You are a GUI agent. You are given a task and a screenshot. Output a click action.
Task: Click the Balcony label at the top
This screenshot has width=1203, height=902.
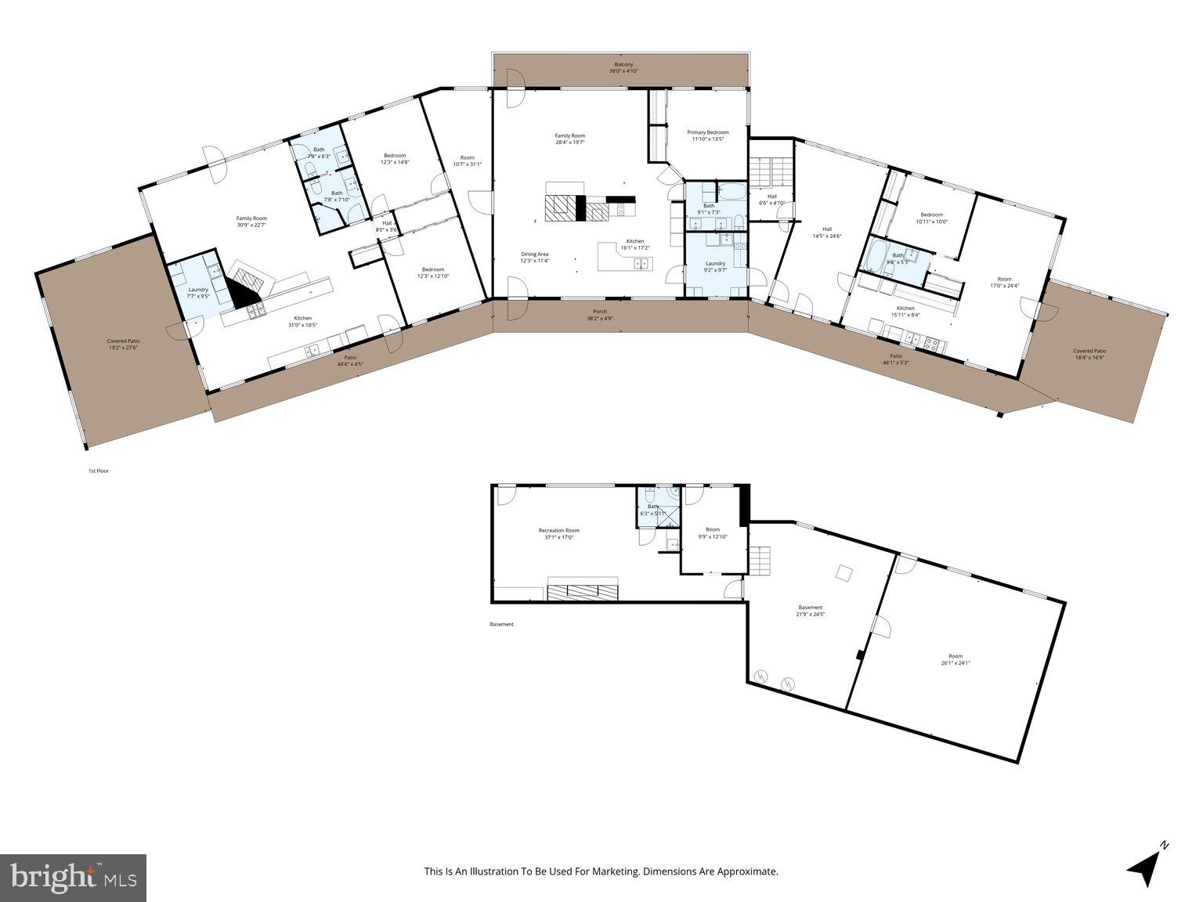(623, 64)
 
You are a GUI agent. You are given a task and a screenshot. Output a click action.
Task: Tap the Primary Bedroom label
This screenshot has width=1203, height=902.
(707, 132)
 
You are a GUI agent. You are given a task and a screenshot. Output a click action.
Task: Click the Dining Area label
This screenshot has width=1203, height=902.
(535, 254)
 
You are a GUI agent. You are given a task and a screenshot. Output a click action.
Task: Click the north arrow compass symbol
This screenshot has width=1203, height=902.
(1147, 864)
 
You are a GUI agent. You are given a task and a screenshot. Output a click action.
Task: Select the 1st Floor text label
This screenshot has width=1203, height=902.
(98, 471)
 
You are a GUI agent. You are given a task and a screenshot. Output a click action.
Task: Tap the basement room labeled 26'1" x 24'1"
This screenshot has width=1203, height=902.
(956, 659)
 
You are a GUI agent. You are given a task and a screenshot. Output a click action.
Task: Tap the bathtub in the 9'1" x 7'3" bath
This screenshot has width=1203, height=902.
(733, 191)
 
